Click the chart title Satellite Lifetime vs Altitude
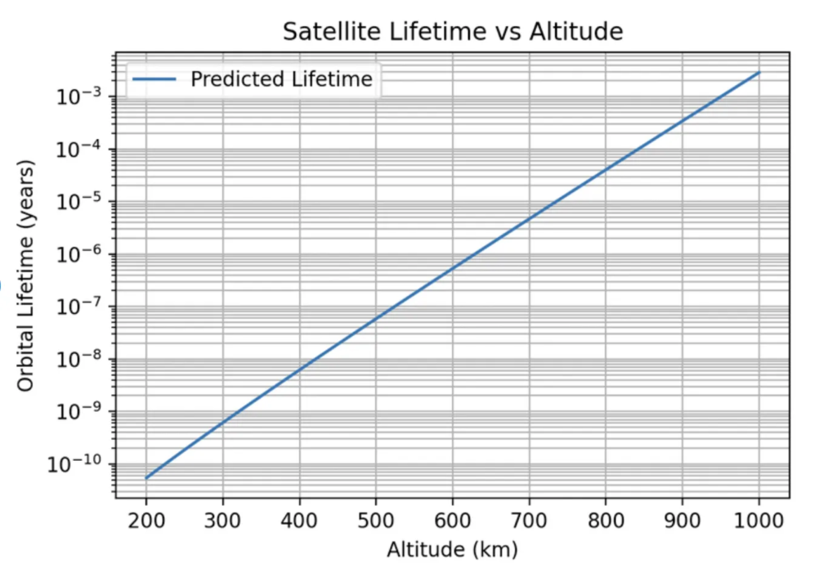(x=452, y=32)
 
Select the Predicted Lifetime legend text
(x=281, y=79)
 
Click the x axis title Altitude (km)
(x=452, y=548)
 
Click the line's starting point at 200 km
(x=146, y=478)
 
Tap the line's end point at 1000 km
(x=759, y=73)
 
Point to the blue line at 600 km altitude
(x=453, y=267)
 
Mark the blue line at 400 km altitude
(x=299, y=371)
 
